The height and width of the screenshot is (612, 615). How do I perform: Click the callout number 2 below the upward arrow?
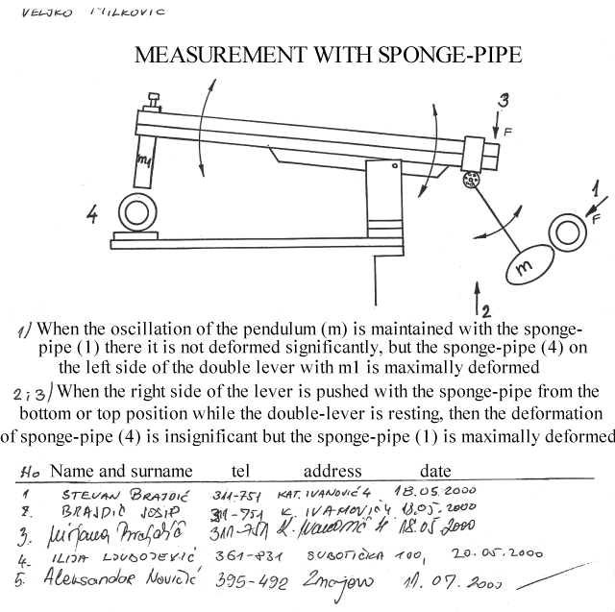point(486,309)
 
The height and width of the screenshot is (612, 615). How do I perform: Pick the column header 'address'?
point(332,471)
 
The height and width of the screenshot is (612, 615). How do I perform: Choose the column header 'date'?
point(434,471)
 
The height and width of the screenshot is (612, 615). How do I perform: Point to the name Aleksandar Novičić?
point(120,579)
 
